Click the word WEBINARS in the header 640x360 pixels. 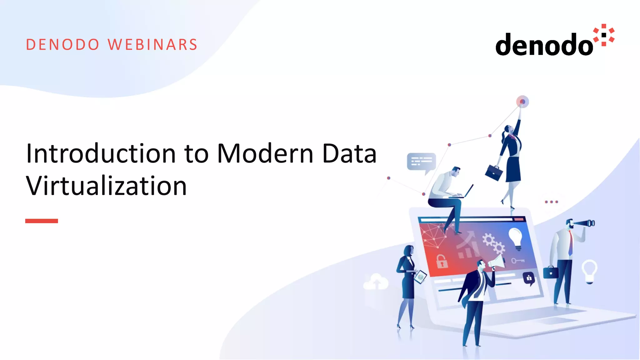152,45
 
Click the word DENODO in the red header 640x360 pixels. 62,45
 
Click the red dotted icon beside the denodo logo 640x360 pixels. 604,35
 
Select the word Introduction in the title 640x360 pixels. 101,153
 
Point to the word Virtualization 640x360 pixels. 106,186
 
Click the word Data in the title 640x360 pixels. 349,153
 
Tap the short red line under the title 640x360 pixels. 42,221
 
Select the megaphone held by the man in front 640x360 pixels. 497,262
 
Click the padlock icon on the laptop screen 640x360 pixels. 441,261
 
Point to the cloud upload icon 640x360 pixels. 376,282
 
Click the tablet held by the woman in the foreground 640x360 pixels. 420,277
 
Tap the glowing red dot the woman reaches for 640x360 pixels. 522,102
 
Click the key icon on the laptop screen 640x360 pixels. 517,260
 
